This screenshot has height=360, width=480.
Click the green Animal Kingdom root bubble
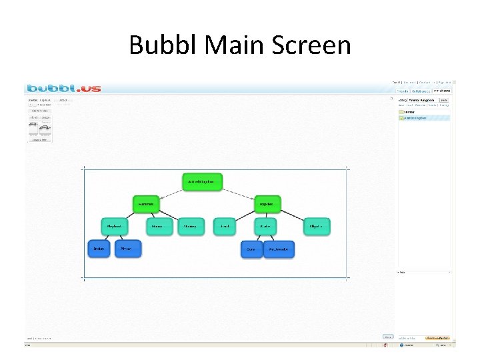click(x=202, y=182)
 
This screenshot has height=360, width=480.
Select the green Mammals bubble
click(x=146, y=204)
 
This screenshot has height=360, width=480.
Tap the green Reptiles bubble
click(x=267, y=204)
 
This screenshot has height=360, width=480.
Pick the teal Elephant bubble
click(x=114, y=227)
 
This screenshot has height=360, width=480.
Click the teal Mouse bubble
click(x=157, y=227)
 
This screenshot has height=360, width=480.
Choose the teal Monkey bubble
click(x=191, y=227)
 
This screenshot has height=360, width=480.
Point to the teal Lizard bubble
click(x=225, y=227)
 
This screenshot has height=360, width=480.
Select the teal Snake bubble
click(x=265, y=227)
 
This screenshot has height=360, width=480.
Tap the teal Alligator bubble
click(x=316, y=227)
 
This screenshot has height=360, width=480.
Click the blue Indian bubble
click(x=99, y=249)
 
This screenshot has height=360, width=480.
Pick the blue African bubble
click(x=127, y=249)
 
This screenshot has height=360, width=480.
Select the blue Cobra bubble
click(x=251, y=250)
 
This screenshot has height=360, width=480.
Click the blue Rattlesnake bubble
click(x=279, y=250)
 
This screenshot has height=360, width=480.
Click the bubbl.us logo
click(x=64, y=88)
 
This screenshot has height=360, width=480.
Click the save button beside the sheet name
click(x=443, y=99)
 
